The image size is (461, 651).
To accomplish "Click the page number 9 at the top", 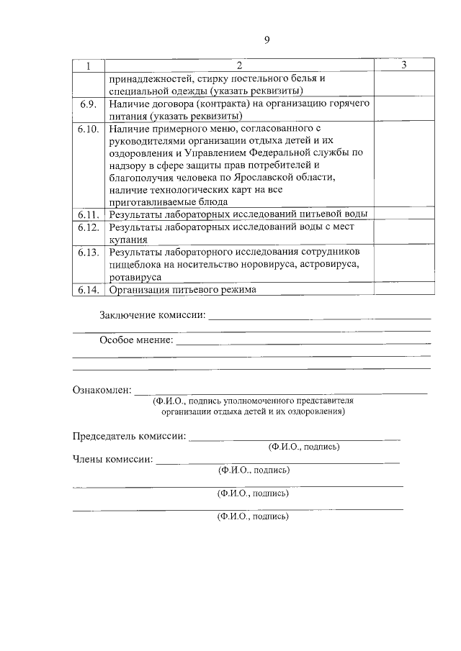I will click(x=267, y=40).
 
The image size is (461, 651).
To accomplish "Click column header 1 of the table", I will click(x=89, y=66).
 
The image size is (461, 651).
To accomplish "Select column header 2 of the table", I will click(x=240, y=66).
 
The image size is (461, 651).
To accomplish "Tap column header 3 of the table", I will click(x=404, y=66).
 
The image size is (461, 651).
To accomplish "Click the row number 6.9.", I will click(x=89, y=104).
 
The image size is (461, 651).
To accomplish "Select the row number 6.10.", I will click(x=89, y=129).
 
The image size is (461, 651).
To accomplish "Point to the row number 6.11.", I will click(x=89, y=214).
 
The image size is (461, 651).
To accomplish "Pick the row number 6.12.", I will click(x=89, y=227).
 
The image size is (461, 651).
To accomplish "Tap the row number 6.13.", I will click(x=89, y=252).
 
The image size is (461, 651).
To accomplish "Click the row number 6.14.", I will click(x=89, y=290).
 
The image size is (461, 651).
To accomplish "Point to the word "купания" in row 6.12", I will click(x=129, y=240).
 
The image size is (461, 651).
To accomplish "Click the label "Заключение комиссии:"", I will click(x=153, y=315).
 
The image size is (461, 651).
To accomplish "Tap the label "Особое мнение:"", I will click(x=136, y=340).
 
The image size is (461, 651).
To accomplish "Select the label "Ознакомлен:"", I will click(x=102, y=391).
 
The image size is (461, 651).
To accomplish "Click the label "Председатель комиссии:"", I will click(x=130, y=437).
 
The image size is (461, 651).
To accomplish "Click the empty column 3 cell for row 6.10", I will click(x=404, y=165).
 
